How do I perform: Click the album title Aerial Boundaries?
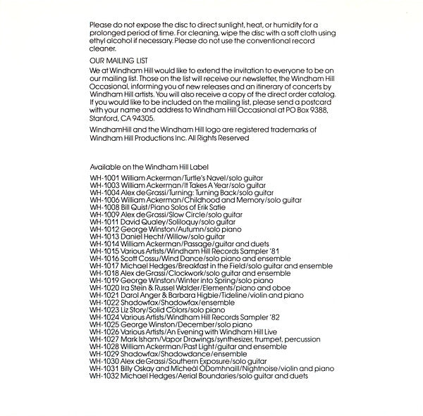coord(209,377)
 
